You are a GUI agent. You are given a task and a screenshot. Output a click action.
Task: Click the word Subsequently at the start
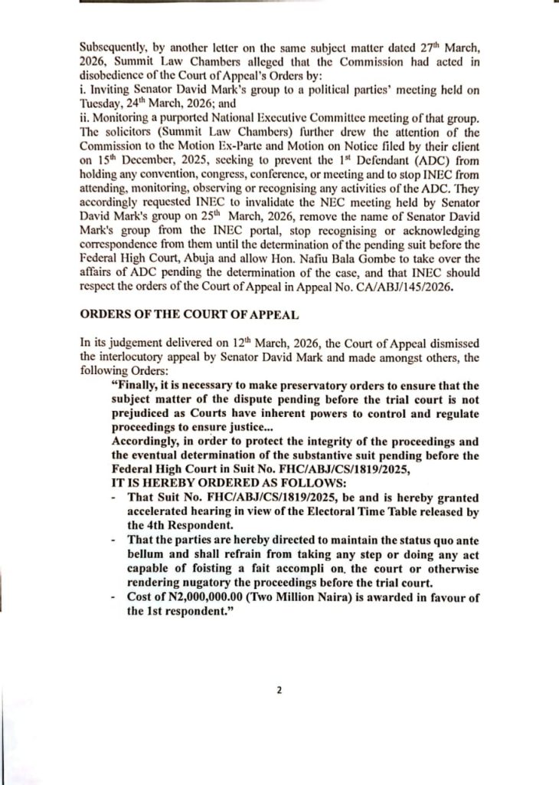(x=117, y=47)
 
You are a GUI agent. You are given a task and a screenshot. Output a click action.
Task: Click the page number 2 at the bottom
(x=279, y=690)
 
